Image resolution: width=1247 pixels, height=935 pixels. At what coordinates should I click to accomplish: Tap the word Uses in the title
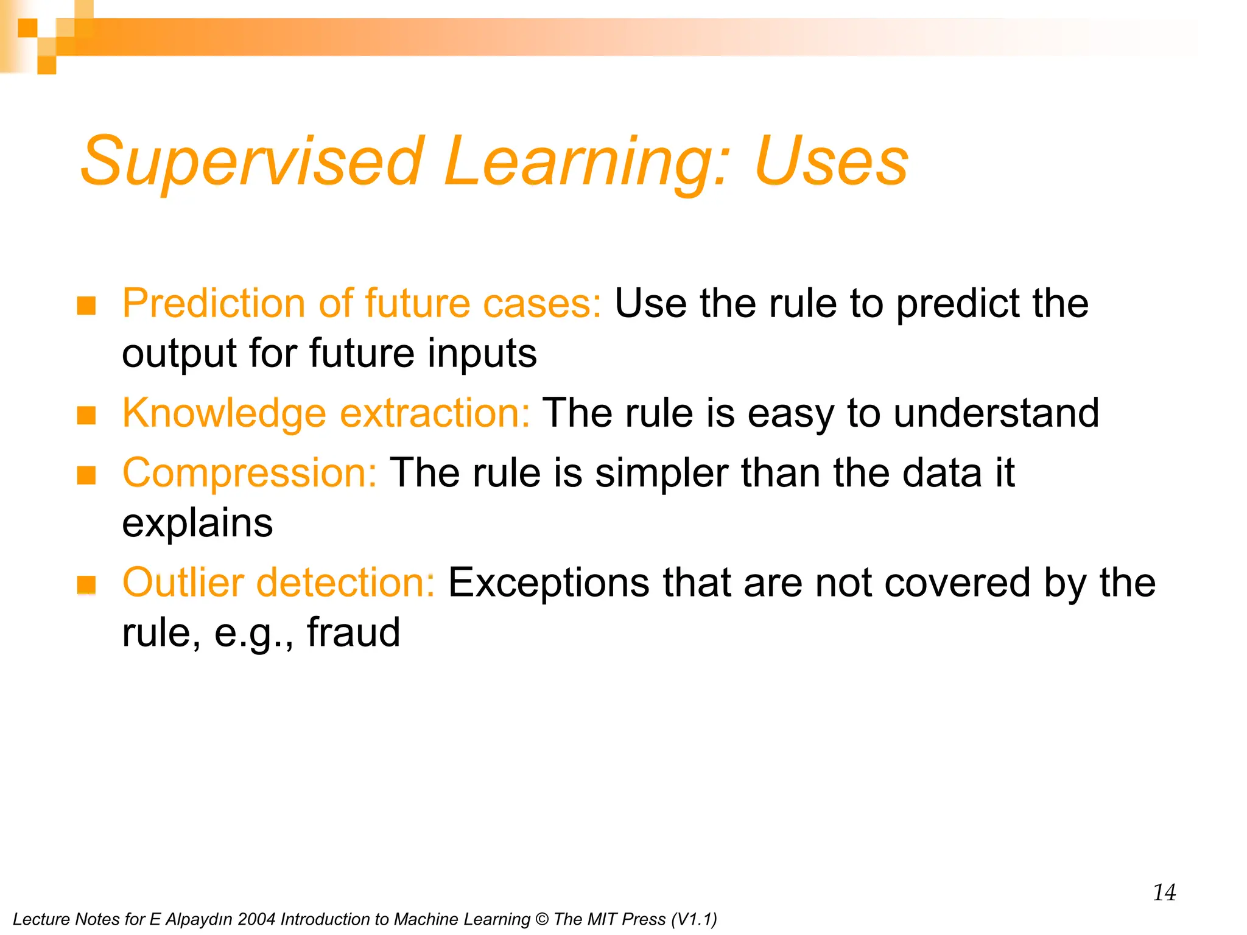[831, 161]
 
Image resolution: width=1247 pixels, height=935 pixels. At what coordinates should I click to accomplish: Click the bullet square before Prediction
[86, 306]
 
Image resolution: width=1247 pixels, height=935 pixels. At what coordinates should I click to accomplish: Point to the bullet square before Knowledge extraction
[86, 416]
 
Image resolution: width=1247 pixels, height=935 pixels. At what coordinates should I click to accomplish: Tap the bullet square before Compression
[86, 475]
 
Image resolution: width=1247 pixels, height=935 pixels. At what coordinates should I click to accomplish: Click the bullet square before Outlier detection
[86, 585]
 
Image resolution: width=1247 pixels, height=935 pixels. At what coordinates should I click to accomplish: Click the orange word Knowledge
[224, 413]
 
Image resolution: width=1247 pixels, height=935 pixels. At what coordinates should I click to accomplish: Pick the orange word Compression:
[250, 474]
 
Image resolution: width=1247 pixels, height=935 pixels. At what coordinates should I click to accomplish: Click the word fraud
[353, 632]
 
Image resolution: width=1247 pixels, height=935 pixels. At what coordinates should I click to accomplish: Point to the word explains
[197, 524]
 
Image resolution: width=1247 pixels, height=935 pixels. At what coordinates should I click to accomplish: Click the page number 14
[1164, 892]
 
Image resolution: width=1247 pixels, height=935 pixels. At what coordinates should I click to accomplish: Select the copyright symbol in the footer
[541, 919]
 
